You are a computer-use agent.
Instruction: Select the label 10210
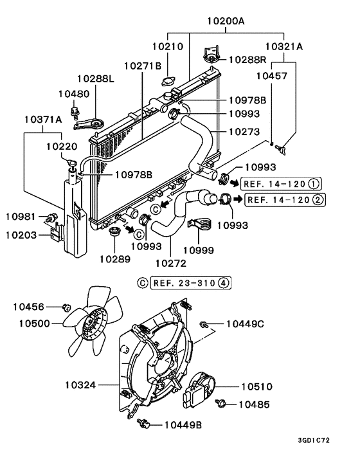click(x=168, y=47)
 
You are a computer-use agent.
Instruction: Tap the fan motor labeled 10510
click(x=203, y=388)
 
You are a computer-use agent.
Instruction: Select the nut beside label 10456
click(x=66, y=307)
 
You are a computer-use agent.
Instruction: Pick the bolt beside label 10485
click(x=222, y=404)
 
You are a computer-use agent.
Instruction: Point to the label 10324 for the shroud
click(x=80, y=385)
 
